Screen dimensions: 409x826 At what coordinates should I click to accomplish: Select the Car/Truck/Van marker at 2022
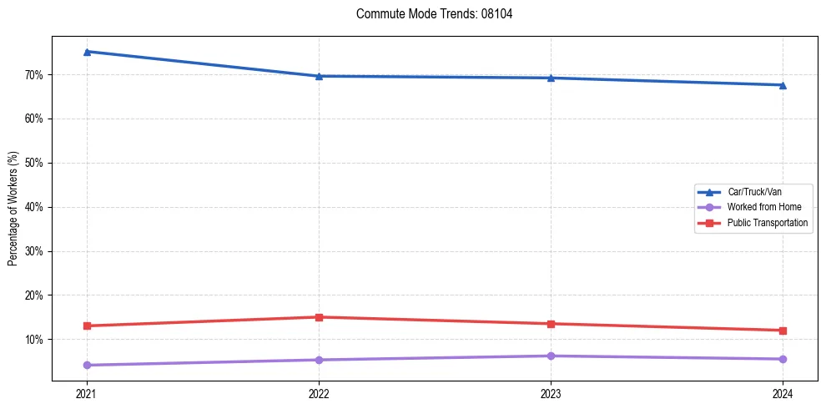319,76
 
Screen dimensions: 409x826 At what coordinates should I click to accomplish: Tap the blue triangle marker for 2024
783,84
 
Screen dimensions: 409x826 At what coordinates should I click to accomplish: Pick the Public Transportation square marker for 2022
319,317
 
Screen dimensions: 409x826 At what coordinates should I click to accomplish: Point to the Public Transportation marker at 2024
783,331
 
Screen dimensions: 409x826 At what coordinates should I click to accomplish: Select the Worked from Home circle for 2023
551,356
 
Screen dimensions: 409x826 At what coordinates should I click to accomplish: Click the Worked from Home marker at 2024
783,359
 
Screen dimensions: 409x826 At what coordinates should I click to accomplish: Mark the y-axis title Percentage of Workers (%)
13,209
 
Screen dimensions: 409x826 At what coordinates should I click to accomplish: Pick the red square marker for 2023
551,324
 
